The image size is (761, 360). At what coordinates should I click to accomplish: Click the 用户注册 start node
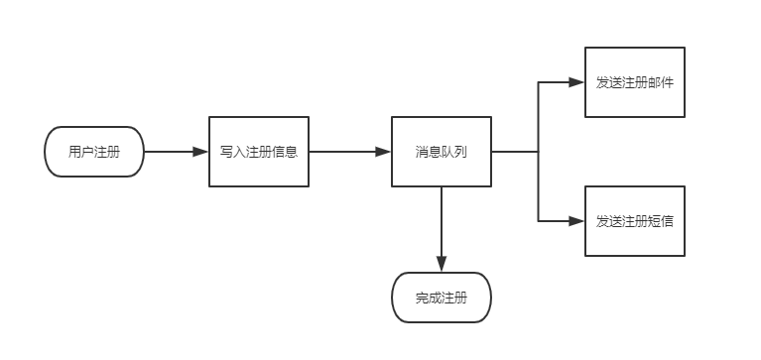click(94, 152)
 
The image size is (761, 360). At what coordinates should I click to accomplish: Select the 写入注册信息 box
click(258, 152)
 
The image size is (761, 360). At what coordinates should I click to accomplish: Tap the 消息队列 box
click(442, 152)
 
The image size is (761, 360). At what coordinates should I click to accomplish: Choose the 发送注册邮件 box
click(634, 82)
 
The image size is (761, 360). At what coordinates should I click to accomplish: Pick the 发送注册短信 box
click(634, 221)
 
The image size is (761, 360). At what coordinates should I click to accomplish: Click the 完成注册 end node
click(442, 298)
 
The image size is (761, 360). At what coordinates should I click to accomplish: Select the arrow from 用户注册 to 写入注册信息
click(176, 152)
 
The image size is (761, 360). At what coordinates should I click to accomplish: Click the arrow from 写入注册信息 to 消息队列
click(349, 152)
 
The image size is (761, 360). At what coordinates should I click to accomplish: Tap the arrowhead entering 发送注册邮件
click(576, 82)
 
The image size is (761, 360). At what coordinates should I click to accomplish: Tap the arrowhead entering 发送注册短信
click(576, 221)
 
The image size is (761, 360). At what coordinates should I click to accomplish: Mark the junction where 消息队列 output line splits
click(538, 152)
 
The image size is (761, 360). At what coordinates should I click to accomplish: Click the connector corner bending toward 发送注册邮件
click(538, 82)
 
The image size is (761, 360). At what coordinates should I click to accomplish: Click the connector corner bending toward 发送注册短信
click(538, 221)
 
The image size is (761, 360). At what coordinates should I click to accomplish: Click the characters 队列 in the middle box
click(454, 152)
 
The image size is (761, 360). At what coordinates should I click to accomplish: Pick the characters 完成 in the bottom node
click(429, 298)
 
